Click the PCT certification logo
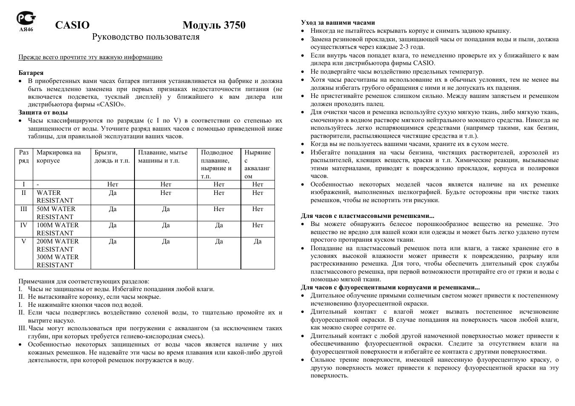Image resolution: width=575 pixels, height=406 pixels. click(x=26, y=18)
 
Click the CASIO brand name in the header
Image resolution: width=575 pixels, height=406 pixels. click(x=72, y=25)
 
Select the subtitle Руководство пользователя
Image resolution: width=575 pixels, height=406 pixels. click(x=146, y=37)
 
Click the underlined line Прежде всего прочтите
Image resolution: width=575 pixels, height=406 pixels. click(x=90, y=57)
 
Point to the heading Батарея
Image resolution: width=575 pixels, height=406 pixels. click(x=31, y=73)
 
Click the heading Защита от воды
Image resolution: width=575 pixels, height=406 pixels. click(x=43, y=112)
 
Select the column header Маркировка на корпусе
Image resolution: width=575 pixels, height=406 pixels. click(x=58, y=157)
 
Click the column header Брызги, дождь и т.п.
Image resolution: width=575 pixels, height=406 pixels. click(x=112, y=157)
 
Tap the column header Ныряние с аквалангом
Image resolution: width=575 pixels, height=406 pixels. click(x=257, y=164)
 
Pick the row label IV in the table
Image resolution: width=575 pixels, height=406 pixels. click(x=24, y=225)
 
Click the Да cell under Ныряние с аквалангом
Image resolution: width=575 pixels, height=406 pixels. click(x=257, y=241)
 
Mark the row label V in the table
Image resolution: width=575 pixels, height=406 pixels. click(x=24, y=241)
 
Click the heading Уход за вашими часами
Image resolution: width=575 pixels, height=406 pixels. click(x=338, y=23)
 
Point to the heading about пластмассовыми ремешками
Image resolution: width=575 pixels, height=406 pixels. click(x=367, y=216)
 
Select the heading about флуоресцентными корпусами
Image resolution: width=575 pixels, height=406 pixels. click(x=390, y=287)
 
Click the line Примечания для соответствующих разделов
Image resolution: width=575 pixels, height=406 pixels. click(x=84, y=281)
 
